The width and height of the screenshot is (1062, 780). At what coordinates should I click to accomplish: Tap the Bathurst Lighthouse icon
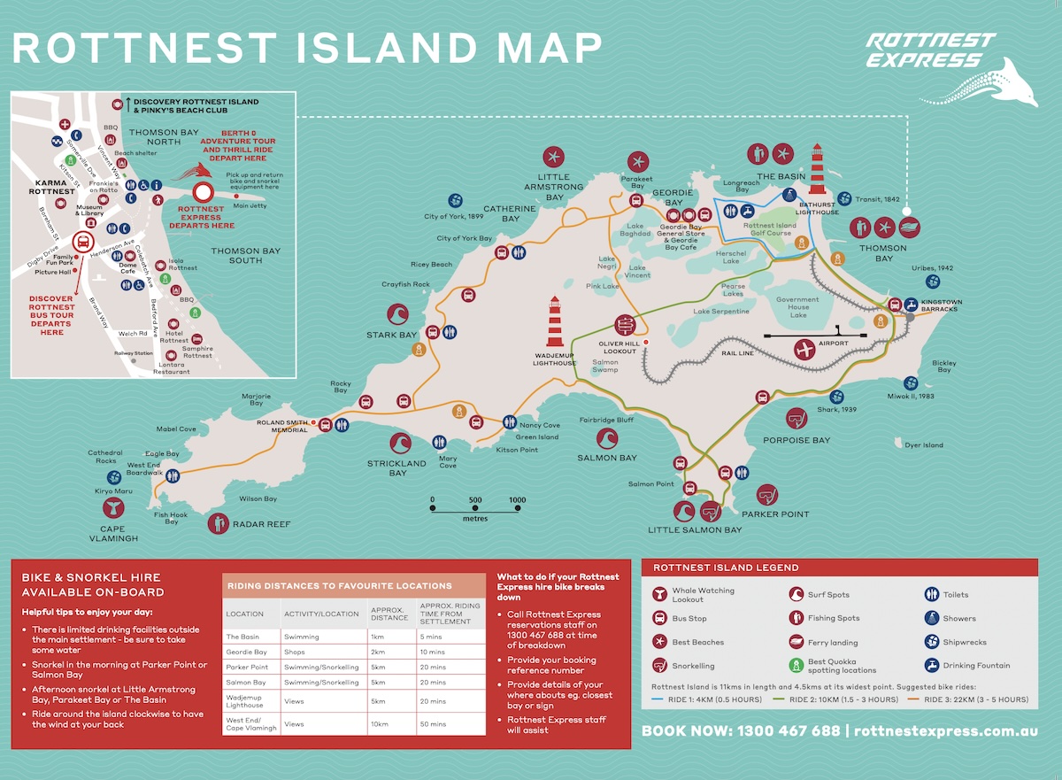pos(817,168)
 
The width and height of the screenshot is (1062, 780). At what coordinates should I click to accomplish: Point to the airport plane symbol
pos(804,350)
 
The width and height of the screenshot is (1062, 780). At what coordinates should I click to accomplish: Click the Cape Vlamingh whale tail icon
pos(114,507)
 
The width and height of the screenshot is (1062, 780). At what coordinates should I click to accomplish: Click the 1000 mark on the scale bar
pos(518,500)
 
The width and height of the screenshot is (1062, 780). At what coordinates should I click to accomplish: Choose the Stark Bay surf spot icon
pos(397,314)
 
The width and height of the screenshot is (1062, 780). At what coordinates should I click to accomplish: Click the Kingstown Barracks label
pos(941,306)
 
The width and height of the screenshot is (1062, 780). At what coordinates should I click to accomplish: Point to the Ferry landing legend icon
pos(796,642)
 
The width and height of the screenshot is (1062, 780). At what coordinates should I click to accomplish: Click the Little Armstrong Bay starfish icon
pos(554,158)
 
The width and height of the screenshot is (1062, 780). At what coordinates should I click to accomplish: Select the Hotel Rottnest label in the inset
pos(174,336)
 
